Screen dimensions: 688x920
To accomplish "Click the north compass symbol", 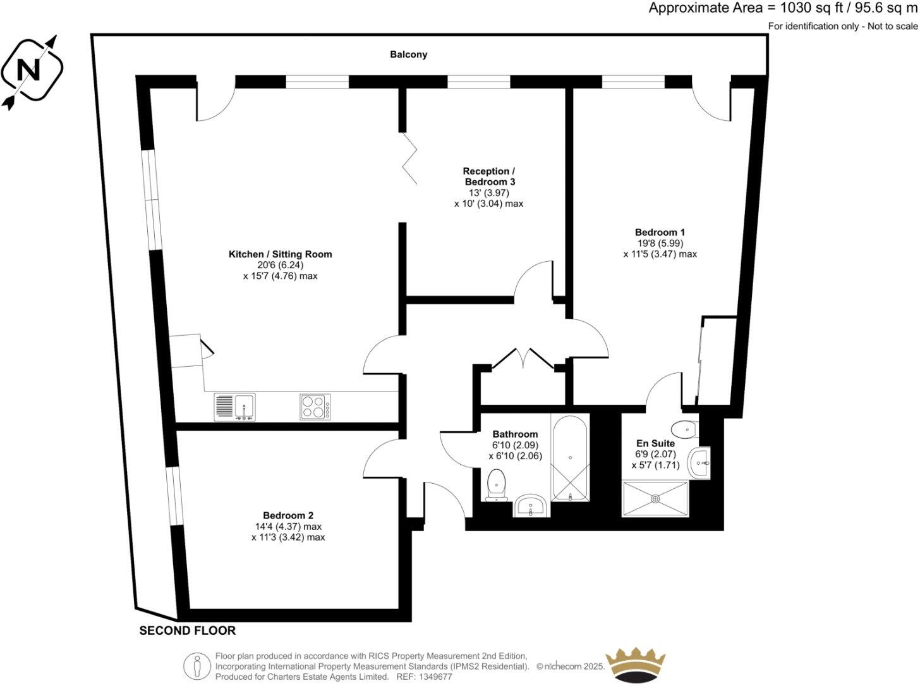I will click(32, 70).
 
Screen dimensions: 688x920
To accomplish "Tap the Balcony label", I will click(408, 55).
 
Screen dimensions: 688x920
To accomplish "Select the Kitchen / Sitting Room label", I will click(280, 254).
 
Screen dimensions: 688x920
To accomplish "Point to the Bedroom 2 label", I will click(288, 515).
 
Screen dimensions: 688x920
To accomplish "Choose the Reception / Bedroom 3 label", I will click(488, 176).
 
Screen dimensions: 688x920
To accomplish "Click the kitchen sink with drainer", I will click(234, 407).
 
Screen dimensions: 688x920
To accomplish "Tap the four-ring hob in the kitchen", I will click(315, 407).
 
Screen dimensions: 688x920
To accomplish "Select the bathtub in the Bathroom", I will click(570, 458).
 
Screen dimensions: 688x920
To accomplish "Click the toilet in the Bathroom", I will click(497, 484).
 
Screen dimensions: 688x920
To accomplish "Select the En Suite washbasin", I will click(700, 463).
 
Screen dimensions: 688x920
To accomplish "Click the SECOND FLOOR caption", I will click(187, 630).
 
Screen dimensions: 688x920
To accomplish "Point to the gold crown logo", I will click(636, 666).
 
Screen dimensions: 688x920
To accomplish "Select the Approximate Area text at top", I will click(783, 9).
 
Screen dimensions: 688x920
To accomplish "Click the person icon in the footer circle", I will click(197, 666).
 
